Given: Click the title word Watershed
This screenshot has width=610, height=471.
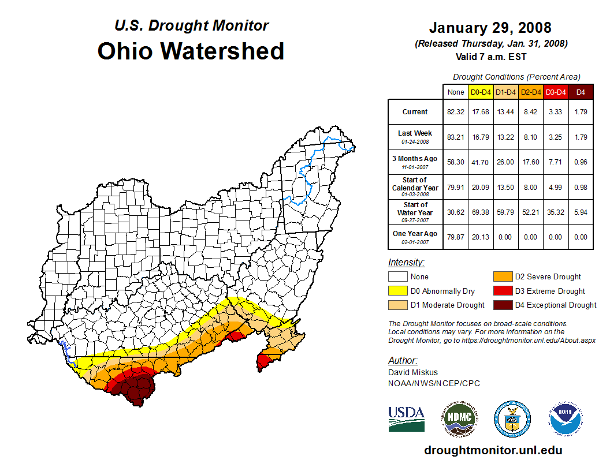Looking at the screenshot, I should coord(222,51).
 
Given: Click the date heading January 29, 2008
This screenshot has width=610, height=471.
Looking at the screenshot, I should coord(490,28).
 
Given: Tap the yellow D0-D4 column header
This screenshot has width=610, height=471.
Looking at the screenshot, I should coord(481,92).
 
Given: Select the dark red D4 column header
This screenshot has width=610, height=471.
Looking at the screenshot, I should coord(581,92).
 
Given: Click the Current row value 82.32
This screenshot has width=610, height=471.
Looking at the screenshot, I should coord(456,112).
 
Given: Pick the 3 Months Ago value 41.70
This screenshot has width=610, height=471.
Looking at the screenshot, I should coord(481,163).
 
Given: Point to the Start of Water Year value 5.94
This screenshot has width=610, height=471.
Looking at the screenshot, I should coord(581,213).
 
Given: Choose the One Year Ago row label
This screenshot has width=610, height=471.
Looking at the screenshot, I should coord(415,234).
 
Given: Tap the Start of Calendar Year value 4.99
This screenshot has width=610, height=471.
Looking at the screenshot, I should coord(556,188).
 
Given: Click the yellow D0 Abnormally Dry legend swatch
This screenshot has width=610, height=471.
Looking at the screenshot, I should coord(397,291).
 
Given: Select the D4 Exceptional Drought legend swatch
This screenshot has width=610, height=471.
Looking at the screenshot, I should coord(502,305).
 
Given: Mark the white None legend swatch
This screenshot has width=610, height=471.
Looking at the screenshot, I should coord(397,277).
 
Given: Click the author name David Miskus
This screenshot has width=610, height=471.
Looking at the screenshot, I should coord(413,372).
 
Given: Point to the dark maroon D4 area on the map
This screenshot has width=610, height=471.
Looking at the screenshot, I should coord(137,390).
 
